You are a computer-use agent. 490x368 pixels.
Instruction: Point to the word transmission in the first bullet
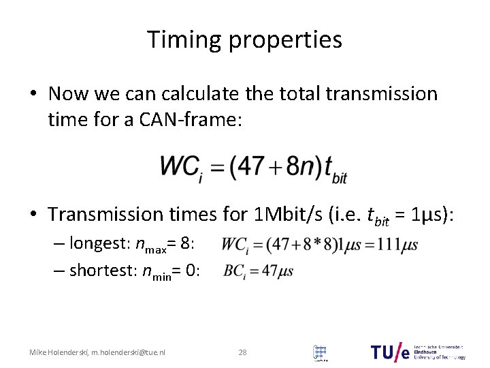[x=380, y=93]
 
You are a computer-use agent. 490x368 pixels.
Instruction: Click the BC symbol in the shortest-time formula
[x=233, y=271]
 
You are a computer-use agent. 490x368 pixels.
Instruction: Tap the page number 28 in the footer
[x=242, y=352]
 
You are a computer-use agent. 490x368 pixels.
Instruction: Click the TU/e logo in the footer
[x=393, y=352]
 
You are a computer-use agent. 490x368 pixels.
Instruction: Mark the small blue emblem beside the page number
[x=319, y=352]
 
